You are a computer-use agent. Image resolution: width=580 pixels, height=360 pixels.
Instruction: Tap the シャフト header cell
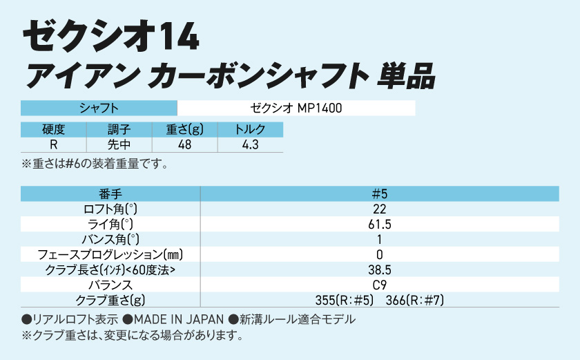tap(99, 108)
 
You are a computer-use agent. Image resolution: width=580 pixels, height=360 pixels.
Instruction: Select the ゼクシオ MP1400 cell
tap(296, 108)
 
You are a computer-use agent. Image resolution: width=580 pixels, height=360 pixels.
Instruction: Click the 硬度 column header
tap(53, 129)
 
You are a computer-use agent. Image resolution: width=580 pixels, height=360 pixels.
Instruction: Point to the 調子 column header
tap(119, 129)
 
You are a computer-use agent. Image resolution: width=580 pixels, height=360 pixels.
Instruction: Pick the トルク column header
tap(250, 129)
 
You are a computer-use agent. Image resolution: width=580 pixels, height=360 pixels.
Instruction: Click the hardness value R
tap(53, 144)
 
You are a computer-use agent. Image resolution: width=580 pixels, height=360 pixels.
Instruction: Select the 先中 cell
tap(119, 144)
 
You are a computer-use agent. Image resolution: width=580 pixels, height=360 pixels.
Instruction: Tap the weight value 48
tap(184, 144)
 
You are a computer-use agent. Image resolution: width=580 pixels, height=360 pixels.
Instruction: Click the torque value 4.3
tap(250, 144)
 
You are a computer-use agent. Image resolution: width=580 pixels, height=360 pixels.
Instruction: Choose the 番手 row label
tap(110, 194)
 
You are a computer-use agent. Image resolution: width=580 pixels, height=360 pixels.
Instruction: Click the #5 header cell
tap(379, 194)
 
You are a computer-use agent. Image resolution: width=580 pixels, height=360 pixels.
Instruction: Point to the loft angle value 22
tap(379, 209)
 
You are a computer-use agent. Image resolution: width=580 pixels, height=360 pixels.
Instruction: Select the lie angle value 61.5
tap(379, 225)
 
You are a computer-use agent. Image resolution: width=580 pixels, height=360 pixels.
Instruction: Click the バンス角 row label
tap(110, 240)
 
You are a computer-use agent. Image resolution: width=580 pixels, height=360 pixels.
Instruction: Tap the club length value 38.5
tap(379, 269)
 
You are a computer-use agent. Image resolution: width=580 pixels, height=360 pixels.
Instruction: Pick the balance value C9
tap(379, 285)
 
